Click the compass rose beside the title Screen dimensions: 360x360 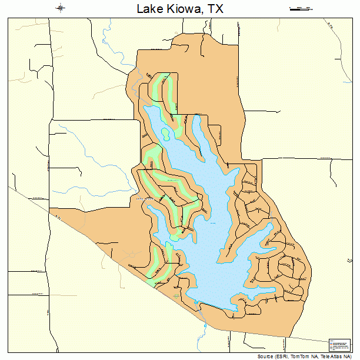pos(61,8)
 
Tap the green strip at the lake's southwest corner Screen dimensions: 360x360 pos(158,265)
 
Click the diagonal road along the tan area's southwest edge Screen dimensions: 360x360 pos(118,259)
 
